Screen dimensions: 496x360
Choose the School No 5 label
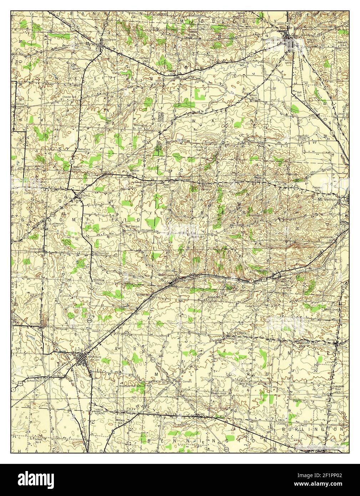[x=253, y=97]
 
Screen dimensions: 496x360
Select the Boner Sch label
[x=303, y=139]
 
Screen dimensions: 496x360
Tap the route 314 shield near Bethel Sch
[x=72, y=162]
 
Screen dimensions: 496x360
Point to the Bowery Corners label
[x=34, y=167]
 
